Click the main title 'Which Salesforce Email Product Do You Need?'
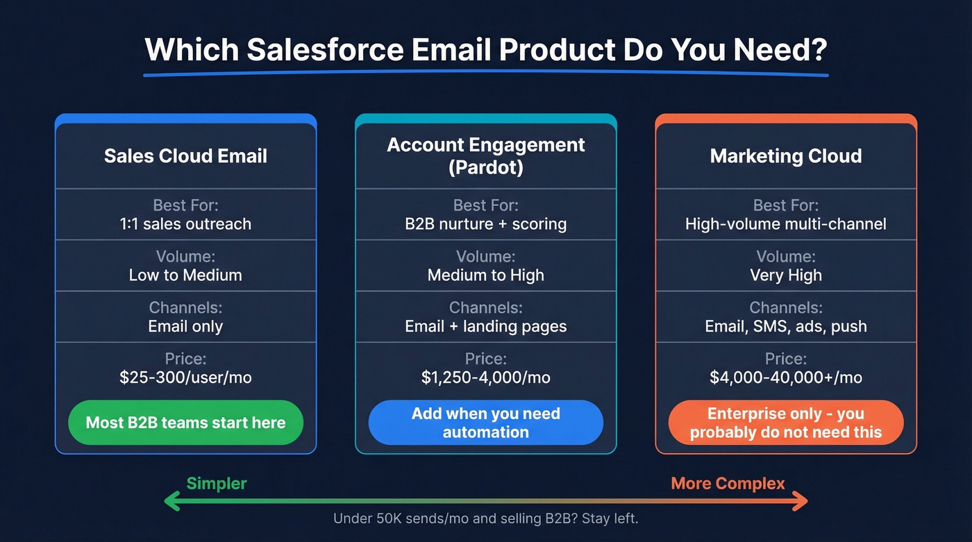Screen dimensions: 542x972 (486, 50)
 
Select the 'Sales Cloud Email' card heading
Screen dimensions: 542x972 (185, 155)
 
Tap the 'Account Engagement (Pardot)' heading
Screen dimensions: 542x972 (486, 155)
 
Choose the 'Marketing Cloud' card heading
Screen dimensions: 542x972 (786, 155)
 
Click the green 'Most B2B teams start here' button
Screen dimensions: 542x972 (185, 423)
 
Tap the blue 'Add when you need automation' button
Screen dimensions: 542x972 (486, 423)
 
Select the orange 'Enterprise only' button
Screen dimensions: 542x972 (786, 423)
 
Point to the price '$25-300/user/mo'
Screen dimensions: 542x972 (185, 378)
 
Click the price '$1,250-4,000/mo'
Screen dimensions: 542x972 (486, 378)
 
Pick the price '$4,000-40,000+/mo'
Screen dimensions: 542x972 (786, 378)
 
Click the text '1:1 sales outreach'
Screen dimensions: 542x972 (185, 224)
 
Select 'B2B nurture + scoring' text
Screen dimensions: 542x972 (486, 224)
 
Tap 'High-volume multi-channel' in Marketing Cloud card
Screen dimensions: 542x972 (786, 224)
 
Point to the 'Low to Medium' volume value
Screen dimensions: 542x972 (185, 275)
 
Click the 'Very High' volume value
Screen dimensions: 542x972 (786, 275)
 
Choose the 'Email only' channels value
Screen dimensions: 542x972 (185, 326)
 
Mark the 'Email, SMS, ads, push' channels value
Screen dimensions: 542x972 (786, 326)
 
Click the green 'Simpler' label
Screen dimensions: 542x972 (217, 483)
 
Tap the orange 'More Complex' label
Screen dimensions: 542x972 (728, 483)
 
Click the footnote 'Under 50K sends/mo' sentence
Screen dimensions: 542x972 (486, 518)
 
